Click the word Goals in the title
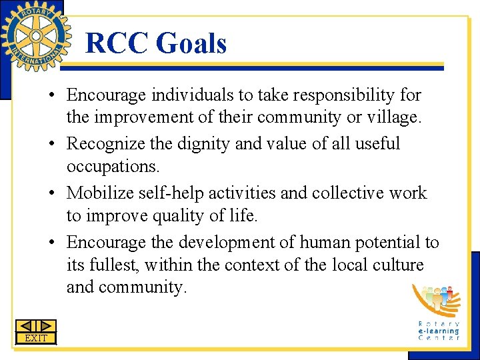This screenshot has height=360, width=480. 191,44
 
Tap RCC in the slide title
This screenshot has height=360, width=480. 117,44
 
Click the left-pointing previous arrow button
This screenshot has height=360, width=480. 25,326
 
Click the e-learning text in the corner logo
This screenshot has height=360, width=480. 439,330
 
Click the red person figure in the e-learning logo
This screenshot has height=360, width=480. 449,291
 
